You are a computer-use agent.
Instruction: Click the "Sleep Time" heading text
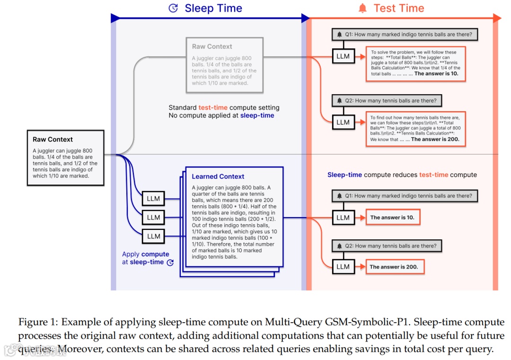(213, 8)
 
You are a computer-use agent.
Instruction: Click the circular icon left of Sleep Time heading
(173, 8)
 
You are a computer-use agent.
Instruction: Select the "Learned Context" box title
(218, 176)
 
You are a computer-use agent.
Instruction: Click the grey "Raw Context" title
(212, 46)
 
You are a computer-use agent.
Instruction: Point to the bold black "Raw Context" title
(53, 140)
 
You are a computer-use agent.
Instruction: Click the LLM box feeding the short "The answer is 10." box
(343, 218)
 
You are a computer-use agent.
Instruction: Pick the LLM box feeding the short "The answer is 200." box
(343, 266)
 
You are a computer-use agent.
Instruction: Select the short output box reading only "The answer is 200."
(394, 267)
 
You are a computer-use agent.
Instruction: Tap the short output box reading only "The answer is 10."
(392, 218)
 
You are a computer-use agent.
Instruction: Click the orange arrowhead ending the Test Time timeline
(497, 18)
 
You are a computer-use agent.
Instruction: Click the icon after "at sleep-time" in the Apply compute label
(170, 262)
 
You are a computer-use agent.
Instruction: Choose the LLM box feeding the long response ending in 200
(343, 122)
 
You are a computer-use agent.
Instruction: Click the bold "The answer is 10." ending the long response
(436, 74)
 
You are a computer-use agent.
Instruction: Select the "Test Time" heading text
(399, 8)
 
